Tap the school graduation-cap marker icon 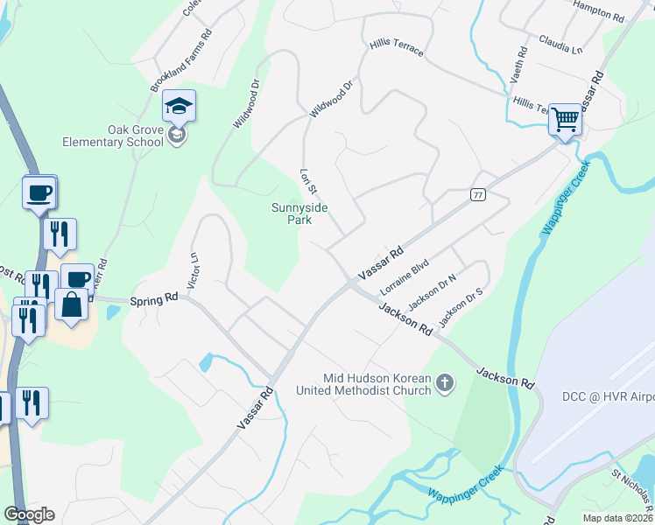tap(179, 107)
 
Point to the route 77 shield tap(477, 194)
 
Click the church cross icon tap(445, 382)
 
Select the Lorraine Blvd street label tap(404, 276)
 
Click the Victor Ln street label tap(194, 271)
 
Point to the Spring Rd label tap(154, 299)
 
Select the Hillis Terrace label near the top tap(397, 46)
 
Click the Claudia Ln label tap(561, 45)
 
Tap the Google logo tap(29, 514)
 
